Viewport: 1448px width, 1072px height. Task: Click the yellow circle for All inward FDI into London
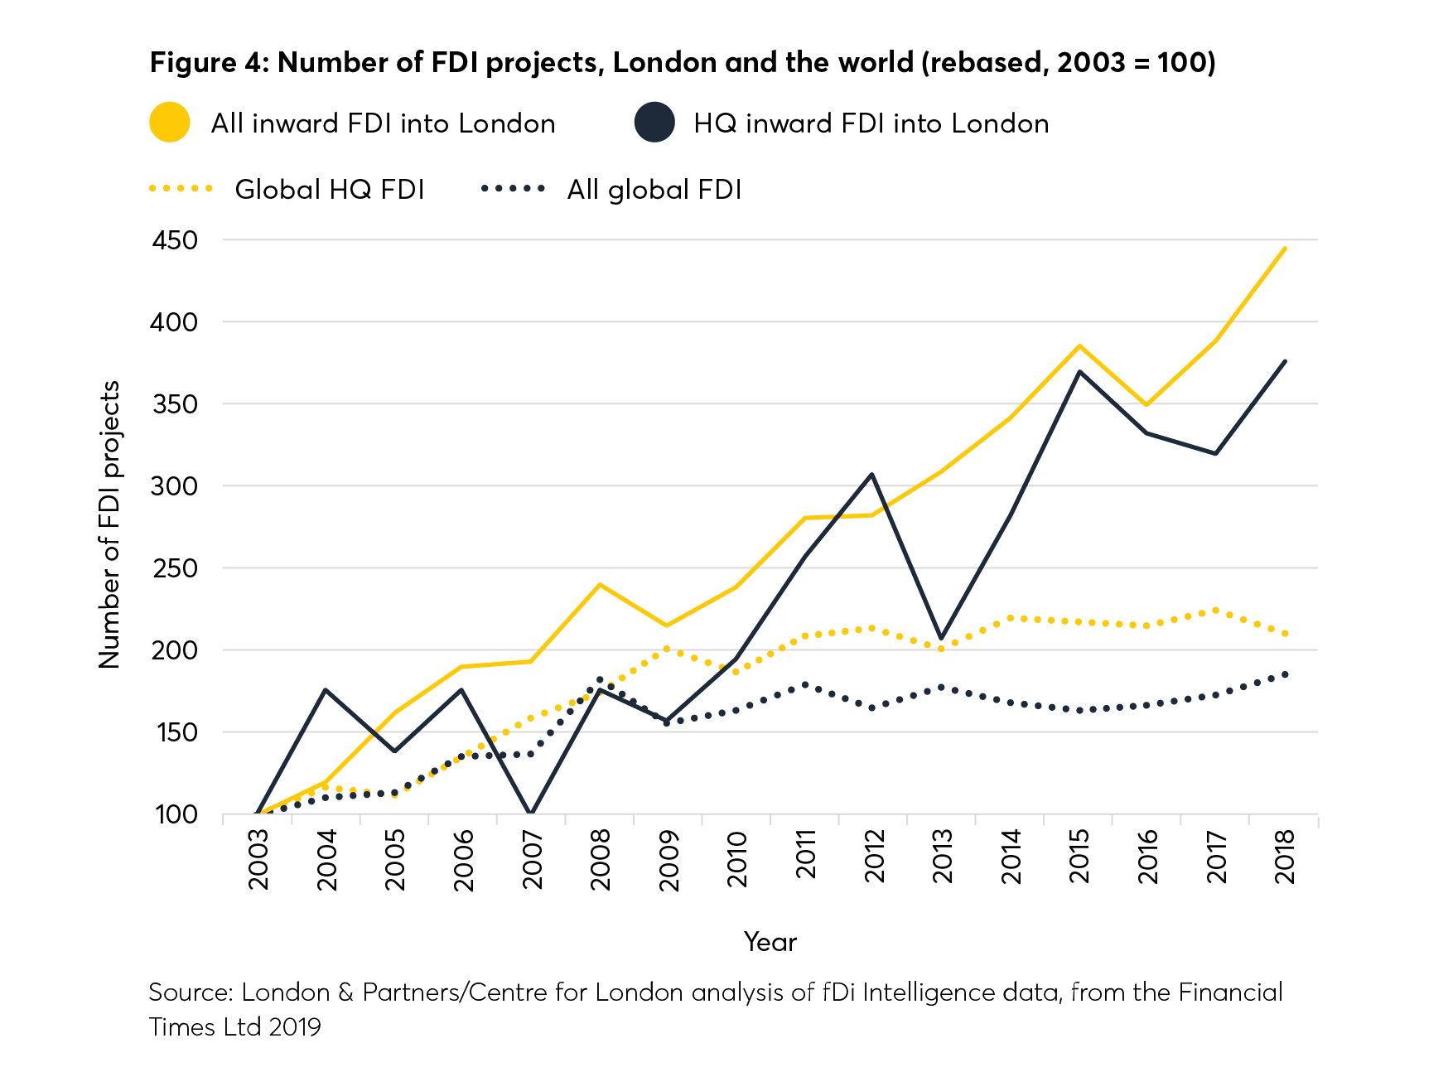coord(170,123)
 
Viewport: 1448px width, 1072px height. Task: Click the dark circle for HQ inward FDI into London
coord(654,123)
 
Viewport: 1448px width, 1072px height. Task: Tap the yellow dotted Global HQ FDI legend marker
coord(181,189)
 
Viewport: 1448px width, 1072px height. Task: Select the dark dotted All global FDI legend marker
coord(513,189)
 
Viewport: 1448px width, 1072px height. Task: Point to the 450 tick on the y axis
coord(175,240)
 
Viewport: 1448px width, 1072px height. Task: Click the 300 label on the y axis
coord(175,486)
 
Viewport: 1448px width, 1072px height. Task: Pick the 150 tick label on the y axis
coord(175,732)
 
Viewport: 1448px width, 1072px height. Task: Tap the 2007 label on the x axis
coord(532,860)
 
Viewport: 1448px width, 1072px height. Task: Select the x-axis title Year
coord(770,942)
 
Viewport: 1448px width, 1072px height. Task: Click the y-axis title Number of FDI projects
coord(109,524)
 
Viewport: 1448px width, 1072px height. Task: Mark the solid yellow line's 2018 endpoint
coord(1284,248)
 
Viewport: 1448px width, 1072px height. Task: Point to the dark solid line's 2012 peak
coord(872,475)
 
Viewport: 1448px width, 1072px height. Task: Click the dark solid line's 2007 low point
coord(530,814)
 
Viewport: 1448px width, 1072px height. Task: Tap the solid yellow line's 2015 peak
coord(1079,345)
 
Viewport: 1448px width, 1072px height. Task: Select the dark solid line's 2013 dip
coord(941,638)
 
